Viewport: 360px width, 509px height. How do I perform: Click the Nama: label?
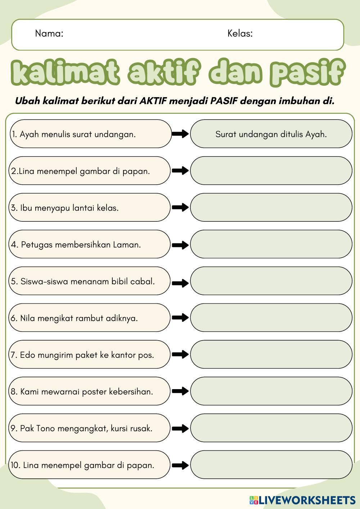click(49, 33)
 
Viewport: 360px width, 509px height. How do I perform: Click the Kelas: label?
click(240, 33)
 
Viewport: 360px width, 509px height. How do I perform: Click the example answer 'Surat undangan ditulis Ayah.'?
click(271, 134)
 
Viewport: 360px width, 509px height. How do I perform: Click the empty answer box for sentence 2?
click(271, 171)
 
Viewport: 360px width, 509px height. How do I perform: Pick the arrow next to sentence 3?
click(180, 207)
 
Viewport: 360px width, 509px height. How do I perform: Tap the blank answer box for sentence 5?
click(271, 281)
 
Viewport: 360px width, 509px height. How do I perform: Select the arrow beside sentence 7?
click(180, 355)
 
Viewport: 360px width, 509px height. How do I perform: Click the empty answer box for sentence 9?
click(271, 428)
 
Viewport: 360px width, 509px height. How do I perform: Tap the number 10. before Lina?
click(15, 465)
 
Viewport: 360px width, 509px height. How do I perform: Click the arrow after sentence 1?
click(180, 134)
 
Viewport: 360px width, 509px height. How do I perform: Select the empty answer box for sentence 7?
click(271, 355)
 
